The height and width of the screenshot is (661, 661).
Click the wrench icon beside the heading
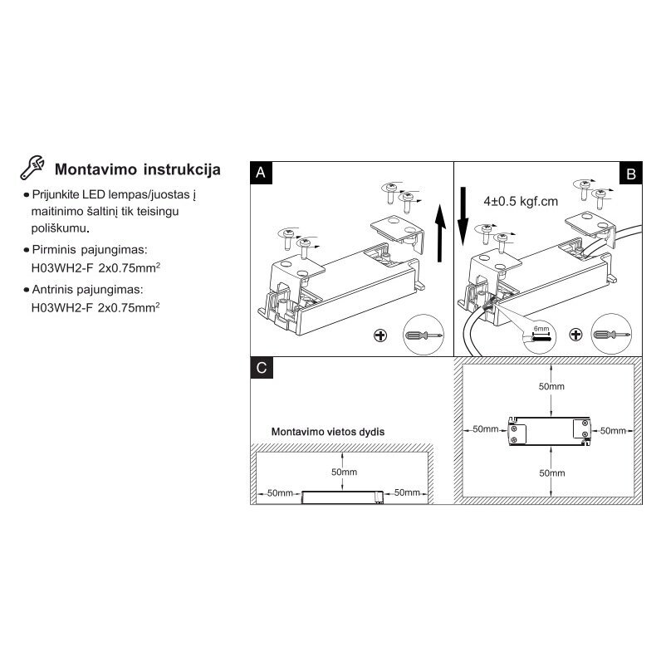coord(32,168)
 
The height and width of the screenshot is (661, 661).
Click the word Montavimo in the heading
coord(95,169)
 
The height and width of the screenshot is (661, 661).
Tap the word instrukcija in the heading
coord(182,169)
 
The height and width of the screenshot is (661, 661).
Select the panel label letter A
coord(261,173)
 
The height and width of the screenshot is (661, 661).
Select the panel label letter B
coord(631,174)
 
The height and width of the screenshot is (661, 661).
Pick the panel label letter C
coord(262,368)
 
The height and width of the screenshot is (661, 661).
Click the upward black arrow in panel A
coord(440,233)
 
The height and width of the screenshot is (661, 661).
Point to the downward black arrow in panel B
coord(463,216)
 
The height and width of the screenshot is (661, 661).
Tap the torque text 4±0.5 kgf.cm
coord(521,201)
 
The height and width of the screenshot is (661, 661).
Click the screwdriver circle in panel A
coord(424,335)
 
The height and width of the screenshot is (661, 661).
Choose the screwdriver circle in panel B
coord(611,334)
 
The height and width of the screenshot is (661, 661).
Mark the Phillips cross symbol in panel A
coord(380,335)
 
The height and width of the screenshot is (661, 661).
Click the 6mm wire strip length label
coord(541,328)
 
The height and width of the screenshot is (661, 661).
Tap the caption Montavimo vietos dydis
coord(328,432)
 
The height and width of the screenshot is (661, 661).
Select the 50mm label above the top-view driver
coord(551,386)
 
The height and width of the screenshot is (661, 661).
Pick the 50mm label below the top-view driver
coord(552,473)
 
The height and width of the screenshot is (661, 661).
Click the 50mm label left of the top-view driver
coord(485,429)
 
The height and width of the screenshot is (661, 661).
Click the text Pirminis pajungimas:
coord(90,250)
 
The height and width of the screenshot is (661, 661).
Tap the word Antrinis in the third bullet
coord(52,290)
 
